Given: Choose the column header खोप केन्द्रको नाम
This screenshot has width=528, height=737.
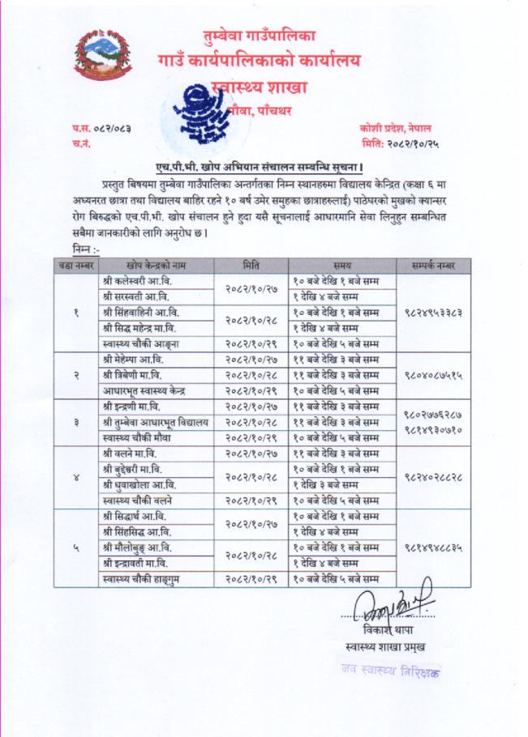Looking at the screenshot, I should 150,264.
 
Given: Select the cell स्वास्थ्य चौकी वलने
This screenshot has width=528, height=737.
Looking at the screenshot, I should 144,500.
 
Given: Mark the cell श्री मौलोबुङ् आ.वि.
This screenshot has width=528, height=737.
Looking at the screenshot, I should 140,547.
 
